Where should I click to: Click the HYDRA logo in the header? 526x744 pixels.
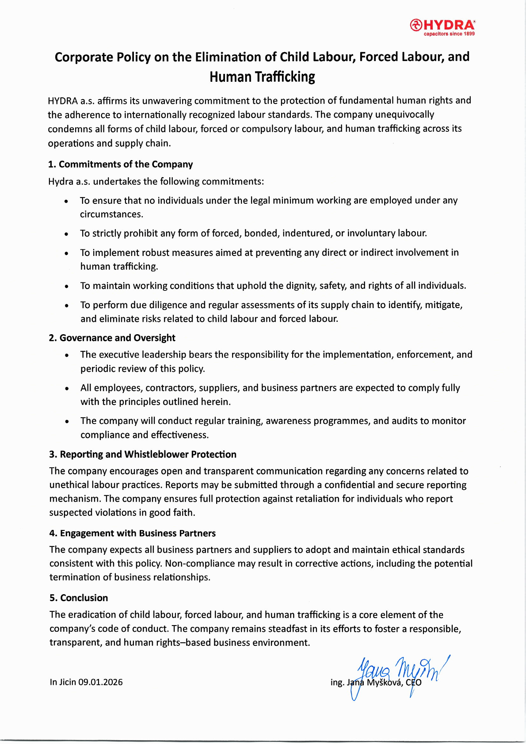click(x=442, y=26)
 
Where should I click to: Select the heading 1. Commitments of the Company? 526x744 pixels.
click(x=121, y=164)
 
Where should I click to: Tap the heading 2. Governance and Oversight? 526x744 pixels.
click(x=112, y=338)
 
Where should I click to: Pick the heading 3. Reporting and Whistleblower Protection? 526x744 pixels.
click(x=143, y=454)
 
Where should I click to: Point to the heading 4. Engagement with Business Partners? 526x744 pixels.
click(x=133, y=533)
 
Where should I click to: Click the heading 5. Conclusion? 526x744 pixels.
click(x=79, y=598)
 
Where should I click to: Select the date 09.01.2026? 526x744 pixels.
click(x=100, y=682)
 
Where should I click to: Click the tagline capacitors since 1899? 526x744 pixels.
click(x=449, y=34)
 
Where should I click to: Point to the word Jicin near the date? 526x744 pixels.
click(x=68, y=682)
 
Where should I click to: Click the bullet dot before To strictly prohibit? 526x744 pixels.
click(x=66, y=234)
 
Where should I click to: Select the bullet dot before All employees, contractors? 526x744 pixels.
click(x=67, y=389)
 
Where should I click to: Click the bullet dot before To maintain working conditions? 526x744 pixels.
click(x=66, y=286)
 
